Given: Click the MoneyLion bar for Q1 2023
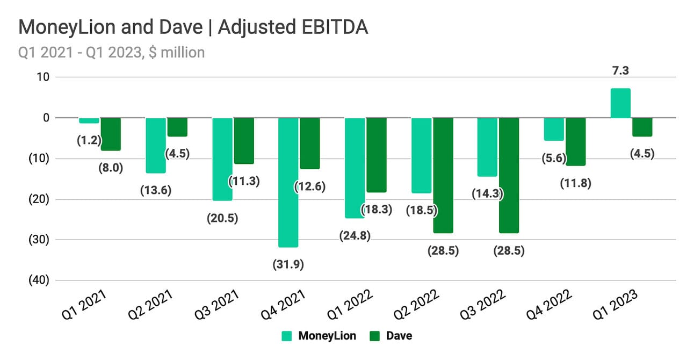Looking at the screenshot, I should [620, 103].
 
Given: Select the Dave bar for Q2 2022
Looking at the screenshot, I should [443, 175].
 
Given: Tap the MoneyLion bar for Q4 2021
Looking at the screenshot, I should [288, 182].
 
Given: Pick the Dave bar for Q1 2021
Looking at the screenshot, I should [111, 134].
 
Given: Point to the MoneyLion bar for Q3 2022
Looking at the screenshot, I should [487, 147].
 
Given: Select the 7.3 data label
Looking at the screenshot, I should [621, 70].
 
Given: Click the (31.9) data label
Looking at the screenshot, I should [288, 264].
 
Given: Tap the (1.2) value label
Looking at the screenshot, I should [89, 141].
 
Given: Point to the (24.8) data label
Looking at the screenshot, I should [355, 235].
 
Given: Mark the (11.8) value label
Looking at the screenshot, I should [575, 183].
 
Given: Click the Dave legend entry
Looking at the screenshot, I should [391, 336].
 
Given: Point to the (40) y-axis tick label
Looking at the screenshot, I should [37, 280].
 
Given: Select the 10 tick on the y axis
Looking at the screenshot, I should [44, 77].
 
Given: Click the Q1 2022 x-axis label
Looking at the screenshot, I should [353, 307].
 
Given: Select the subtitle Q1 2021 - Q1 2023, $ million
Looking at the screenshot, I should [111, 53].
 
